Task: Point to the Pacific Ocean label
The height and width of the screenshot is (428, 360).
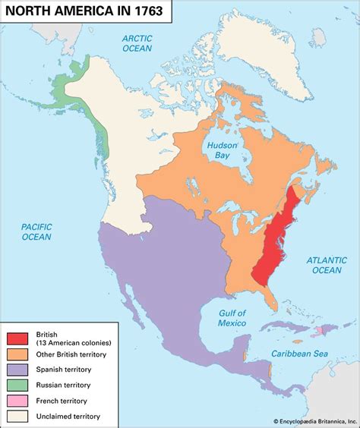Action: (x=36, y=231)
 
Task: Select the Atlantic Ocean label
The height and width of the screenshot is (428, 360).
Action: (x=327, y=265)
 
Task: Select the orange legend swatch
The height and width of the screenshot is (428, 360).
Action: (x=17, y=354)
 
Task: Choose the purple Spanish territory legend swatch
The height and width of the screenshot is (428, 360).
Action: (x=17, y=370)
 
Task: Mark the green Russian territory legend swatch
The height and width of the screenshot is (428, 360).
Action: (x=17, y=385)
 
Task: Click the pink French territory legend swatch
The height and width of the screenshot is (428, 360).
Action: (x=17, y=401)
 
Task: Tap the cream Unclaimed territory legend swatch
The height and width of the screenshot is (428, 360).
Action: (x=17, y=416)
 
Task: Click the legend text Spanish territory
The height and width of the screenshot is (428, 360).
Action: (x=64, y=370)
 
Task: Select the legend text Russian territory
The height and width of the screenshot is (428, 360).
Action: (x=64, y=385)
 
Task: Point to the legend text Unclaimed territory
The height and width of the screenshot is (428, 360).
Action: (x=68, y=416)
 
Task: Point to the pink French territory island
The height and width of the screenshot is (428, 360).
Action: (x=321, y=331)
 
